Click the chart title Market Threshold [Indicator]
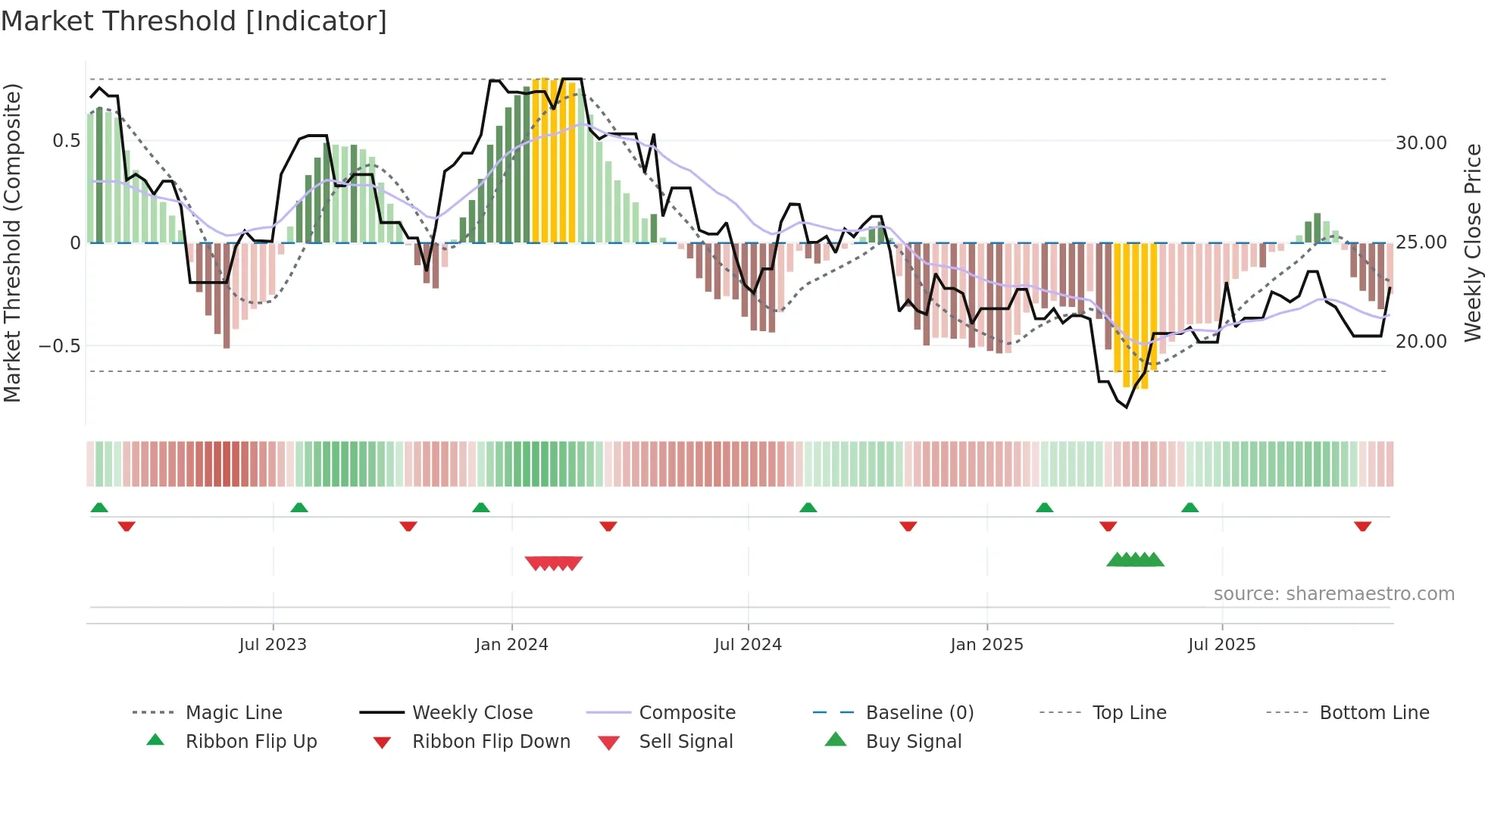pos(194,21)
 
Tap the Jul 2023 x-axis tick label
pos(273,645)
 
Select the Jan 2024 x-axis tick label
pos(511,645)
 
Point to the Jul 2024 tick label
pos(748,645)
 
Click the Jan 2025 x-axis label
pos(986,645)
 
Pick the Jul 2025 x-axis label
pos(1221,645)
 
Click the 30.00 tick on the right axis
pos(1421,143)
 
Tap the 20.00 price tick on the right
pos(1421,342)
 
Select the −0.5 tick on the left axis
pos(60,346)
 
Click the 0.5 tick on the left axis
pos(66,141)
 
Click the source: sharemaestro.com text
pos(1333,594)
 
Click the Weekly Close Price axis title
pos(1472,242)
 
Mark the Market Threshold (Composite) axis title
pos(12,242)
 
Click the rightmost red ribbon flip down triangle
pos(1362,526)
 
